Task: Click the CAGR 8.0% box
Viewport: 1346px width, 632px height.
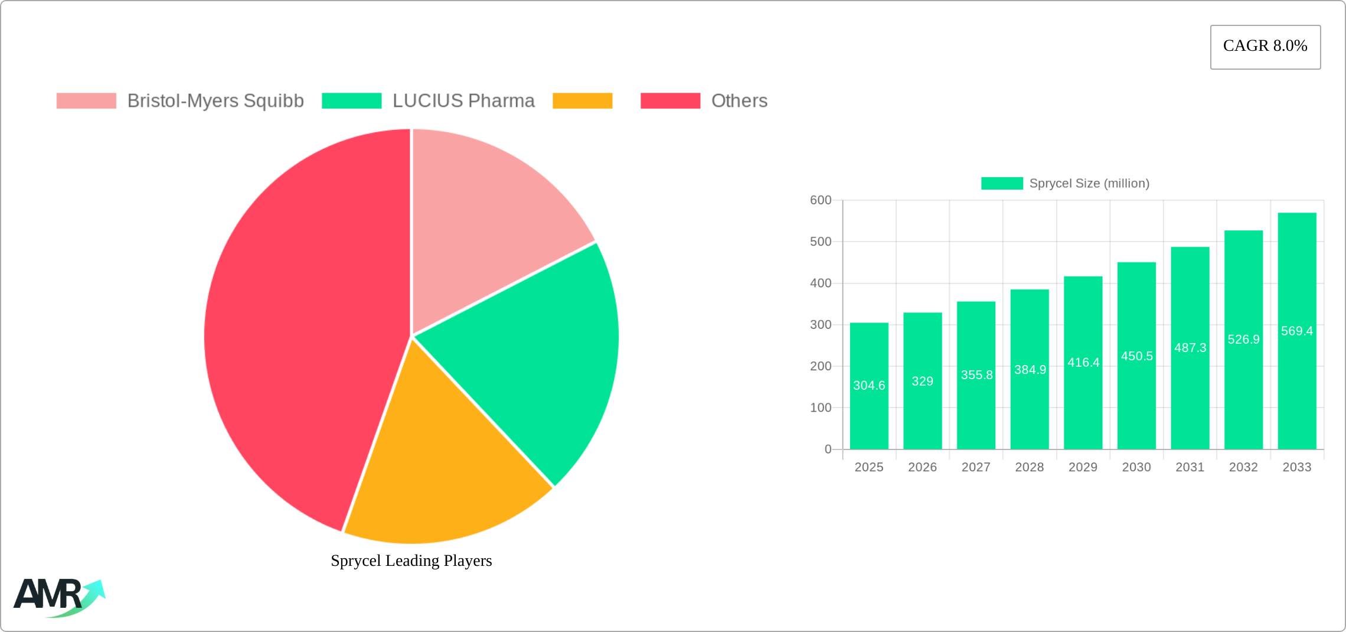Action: [x=1265, y=47]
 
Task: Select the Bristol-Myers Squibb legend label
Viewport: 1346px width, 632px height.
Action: [x=215, y=101]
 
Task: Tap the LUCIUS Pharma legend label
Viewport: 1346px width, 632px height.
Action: [x=463, y=101]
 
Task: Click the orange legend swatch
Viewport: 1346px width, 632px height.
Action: [x=582, y=101]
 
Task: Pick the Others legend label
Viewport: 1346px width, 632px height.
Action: [x=739, y=101]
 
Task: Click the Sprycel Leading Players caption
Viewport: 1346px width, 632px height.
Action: [x=411, y=561]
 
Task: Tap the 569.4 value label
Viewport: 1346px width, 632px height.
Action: [x=1296, y=331]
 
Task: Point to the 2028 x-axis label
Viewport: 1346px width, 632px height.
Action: [x=1030, y=467]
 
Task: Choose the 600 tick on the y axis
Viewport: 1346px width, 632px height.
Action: [x=821, y=200]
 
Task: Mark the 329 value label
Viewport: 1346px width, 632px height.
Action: [x=922, y=382]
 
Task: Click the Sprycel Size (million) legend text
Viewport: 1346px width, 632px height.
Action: [x=1089, y=184]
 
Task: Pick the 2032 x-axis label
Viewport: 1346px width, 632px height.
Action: [x=1243, y=467]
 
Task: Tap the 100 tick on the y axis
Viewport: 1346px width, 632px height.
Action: [x=821, y=408]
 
